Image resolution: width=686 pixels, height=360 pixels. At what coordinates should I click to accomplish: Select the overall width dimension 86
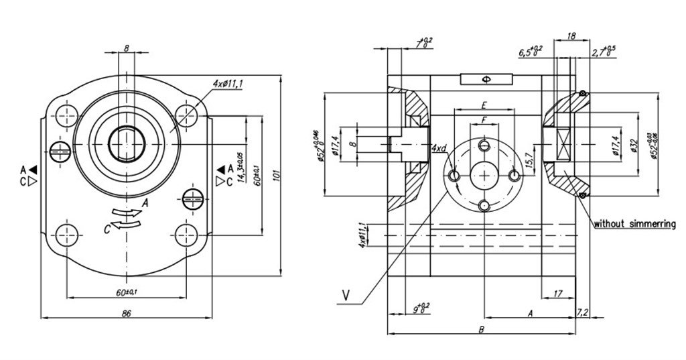click(x=126, y=312)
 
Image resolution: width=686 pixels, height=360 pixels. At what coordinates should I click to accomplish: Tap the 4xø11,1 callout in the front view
click(x=227, y=83)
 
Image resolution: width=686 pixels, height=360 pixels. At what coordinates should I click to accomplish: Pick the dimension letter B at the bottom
click(x=481, y=328)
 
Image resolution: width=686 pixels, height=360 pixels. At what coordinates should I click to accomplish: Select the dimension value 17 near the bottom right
click(x=558, y=292)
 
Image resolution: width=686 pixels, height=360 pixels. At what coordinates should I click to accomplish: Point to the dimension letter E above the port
click(x=483, y=105)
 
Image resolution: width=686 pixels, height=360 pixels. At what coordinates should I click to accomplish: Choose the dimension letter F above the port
click(x=483, y=119)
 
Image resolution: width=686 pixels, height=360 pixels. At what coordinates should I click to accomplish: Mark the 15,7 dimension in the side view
click(x=529, y=160)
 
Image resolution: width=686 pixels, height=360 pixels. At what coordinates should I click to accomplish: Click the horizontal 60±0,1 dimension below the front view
click(x=126, y=292)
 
